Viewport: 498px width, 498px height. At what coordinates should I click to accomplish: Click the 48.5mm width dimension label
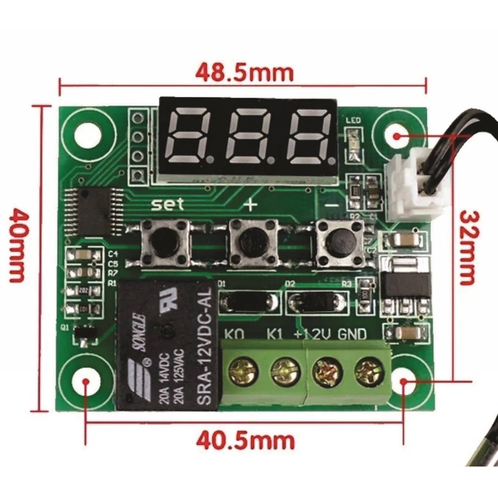click(x=244, y=73)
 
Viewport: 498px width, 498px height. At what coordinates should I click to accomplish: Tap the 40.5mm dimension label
click(x=245, y=440)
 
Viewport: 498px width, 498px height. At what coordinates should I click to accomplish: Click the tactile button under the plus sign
click(x=253, y=243)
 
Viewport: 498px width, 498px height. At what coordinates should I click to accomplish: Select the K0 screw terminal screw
click(x=243, y=371)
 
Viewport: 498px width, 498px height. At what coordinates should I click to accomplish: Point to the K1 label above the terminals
click(x=275, y=334)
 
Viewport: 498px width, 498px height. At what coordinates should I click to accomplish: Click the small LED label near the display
click(x=353, y=120)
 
